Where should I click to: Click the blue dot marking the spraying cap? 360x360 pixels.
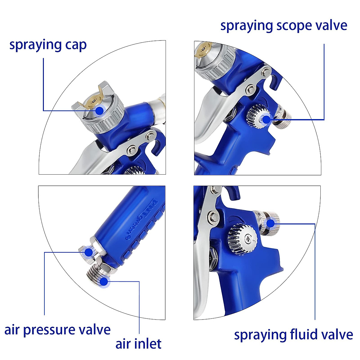(x=99, y=111)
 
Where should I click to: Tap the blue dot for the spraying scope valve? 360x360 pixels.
(x=266, y=119)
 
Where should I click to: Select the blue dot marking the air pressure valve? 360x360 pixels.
(x=88, y=252)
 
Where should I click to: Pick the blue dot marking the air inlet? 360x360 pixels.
(x=104, y=282)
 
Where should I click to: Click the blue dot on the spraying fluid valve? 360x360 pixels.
(x=270, y=223)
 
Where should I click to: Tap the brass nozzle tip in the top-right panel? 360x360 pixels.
(x=203, y=49)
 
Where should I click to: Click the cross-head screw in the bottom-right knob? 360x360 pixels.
(x=248, y=239)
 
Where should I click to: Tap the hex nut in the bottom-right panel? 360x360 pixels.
(x=212, y=257)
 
